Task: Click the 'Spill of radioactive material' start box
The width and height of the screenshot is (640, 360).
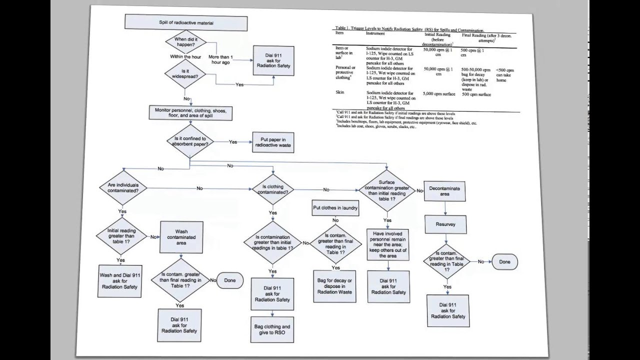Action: point(186,23)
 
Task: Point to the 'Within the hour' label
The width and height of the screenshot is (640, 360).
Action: point(184,56)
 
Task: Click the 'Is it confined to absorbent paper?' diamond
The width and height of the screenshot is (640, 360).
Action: point(189,141)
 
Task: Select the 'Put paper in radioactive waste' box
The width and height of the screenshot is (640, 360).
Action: point(272,142)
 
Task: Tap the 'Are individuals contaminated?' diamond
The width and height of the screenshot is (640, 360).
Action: point(122,188)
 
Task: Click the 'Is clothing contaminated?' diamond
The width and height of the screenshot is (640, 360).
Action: point(272,189)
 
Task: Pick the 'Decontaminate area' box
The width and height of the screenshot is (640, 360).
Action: point(444,191)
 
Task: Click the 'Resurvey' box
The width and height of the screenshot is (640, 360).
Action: point(445,224)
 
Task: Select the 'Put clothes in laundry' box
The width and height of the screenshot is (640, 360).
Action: point(335,208)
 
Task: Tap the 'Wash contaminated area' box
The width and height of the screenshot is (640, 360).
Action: point(181,237)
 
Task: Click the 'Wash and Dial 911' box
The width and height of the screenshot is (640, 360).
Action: point(120,281)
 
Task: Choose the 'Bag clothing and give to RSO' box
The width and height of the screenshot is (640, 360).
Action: point(272,329)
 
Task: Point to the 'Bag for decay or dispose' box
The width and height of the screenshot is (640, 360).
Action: point(334,286)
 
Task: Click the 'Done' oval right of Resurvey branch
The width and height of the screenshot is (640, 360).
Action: point(504,261)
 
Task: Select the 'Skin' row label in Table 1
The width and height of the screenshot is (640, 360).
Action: point(340,93)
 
